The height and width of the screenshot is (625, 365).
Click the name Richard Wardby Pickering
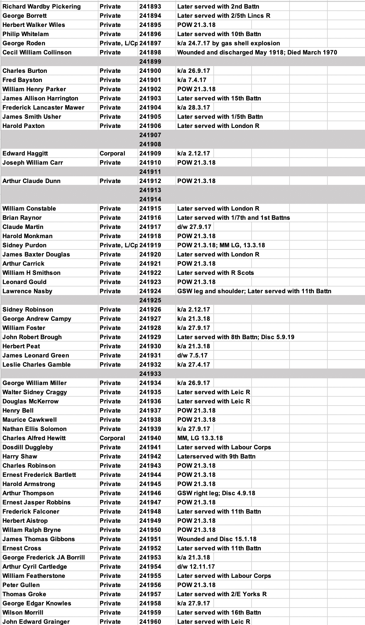(x=42, y=6)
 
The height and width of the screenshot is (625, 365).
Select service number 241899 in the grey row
(x=150, y=62)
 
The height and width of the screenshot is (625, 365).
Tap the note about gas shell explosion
(x=228, y=43)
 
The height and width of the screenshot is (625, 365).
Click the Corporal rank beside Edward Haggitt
(x=112, y=153)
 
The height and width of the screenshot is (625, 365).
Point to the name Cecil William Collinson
(x=37, y=52)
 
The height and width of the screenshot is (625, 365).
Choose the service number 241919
(x=150, y=245)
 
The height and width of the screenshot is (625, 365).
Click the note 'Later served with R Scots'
(x=216, y=273)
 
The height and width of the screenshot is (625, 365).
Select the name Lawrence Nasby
(x=27, y=291)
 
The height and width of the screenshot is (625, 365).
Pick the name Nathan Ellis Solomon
(x=35, y=429)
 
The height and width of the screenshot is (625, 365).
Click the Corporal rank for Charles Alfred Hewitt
(x=112, y=438)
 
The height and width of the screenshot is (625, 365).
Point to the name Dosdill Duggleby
(x=28, y=447)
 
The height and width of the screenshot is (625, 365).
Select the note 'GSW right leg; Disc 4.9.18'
(x=216, y=493)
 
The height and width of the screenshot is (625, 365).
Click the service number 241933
(x=150, y=374)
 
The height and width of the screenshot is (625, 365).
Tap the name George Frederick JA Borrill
(x=44, y=557)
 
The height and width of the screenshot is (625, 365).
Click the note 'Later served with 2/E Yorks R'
(x=222, y=594)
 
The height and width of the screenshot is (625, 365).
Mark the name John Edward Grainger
(x=36, y=622)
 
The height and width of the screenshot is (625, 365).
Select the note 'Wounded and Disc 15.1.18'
(x=217, y=539)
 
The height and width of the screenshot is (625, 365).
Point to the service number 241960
(x=150, y=622)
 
